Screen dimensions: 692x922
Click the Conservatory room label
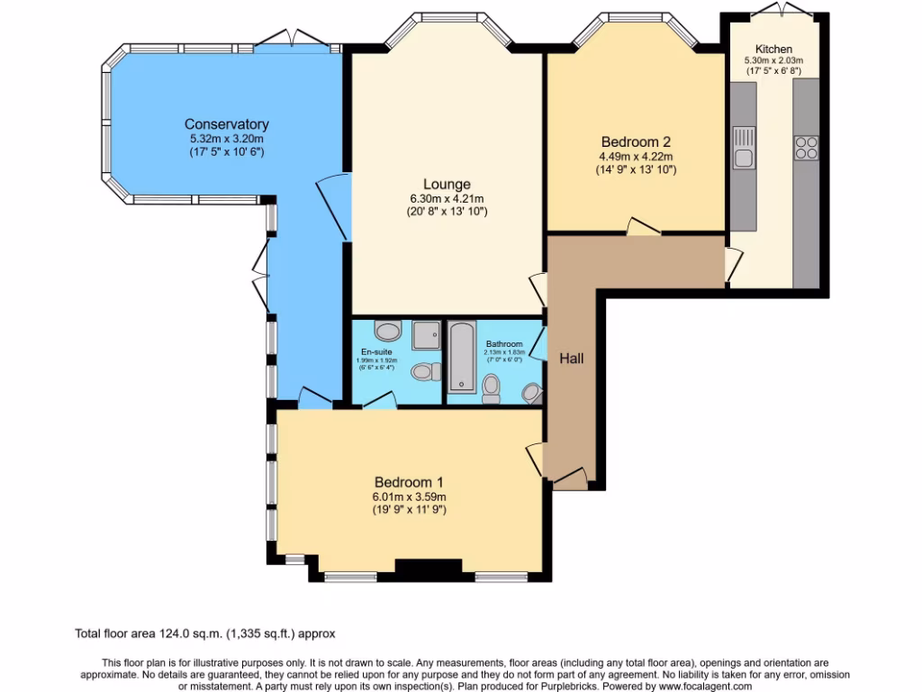click(x=227, y=124)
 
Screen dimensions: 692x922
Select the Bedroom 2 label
click(x=636, y=141)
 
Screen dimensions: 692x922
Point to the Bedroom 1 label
click(x=409, y=482)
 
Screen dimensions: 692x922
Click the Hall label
click(x=572, y=359)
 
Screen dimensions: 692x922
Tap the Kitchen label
click(x=773, y=49)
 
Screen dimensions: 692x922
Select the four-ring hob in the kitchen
click(x=806, y=147)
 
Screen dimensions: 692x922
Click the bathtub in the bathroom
click(x=462, y=357)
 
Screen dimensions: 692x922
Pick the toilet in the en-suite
click(x=425, y=371)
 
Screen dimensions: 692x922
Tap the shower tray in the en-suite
click(x=426, y=335)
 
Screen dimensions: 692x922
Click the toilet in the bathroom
click(x=492, y=388)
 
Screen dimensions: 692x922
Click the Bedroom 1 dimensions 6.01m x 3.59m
click(x=409, y=496)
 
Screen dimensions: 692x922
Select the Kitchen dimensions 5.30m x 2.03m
click(x=773, y=61)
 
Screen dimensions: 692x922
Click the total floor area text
click(x=206, y=634)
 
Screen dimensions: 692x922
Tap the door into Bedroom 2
click(x=643, y=227)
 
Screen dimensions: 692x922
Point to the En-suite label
click(x=375, y=351)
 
